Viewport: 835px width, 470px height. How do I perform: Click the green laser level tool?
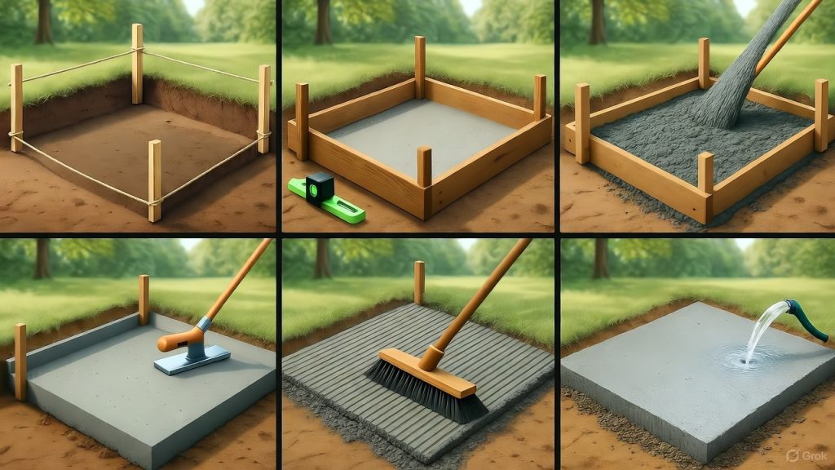point(326,199)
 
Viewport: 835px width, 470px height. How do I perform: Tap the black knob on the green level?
point(320,185)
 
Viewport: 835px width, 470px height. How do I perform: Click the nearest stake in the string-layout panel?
point(153,180)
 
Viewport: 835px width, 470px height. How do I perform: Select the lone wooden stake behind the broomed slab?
point(419,282)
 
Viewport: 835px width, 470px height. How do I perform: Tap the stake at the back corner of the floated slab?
point(144,299)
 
